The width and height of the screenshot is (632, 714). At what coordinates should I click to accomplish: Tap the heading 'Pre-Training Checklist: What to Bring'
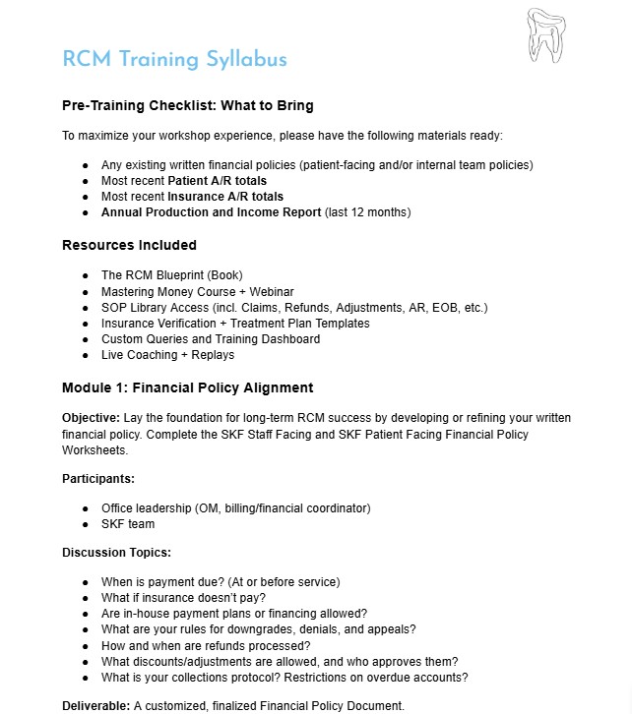click(187, 105)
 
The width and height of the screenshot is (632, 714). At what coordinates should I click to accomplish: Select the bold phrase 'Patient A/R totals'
click(217, 181)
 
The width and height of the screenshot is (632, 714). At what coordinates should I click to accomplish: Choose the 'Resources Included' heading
click(129, 245)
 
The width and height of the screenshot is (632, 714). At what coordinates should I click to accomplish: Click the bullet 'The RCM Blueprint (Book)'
click(171, 275)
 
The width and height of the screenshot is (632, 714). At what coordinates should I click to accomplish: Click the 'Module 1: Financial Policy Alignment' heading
click(187, 387)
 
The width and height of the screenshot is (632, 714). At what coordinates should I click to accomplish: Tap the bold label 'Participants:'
click(98, 478)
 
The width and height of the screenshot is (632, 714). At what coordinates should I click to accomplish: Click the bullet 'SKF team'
click(128, 524)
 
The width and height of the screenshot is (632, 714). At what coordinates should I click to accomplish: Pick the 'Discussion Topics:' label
click(116, 553)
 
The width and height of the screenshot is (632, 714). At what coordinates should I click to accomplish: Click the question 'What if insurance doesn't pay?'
click(184, 598)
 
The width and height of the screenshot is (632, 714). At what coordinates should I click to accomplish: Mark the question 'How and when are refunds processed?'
click(205, 645)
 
